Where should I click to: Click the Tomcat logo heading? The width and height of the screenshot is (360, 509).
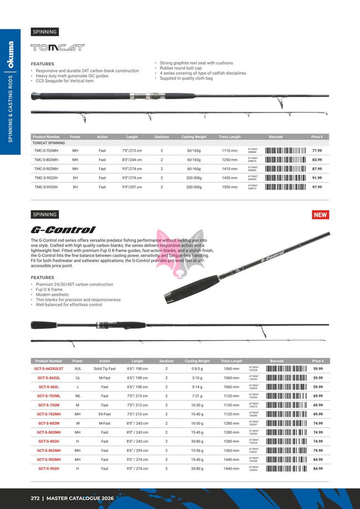tap(58, 48)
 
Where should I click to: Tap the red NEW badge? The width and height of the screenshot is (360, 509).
tap(320, 215)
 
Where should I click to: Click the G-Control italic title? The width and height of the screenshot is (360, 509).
tap(63, 230)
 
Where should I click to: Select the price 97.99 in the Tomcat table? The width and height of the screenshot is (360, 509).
tap(317, 187)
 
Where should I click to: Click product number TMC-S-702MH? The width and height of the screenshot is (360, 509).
tap(47, 151)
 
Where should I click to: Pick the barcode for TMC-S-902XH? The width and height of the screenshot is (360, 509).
tap(285, 178)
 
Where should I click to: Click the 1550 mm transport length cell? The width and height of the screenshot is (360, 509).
tap(229, 187)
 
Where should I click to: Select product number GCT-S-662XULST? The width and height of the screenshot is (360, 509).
tap(49, 368)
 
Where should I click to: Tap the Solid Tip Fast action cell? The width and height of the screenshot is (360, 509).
tap(105, 368)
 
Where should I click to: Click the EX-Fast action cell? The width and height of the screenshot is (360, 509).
tap(105, 414)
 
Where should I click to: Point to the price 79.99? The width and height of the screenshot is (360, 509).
tap(318, 450)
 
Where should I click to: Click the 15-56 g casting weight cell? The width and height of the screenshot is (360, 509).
tap(197, 450)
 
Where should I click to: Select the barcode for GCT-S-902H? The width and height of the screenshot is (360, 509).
tap(286, 469)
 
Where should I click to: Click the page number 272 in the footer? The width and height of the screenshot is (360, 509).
tap(35, 498)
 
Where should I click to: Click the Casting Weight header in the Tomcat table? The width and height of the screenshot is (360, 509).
tap(194, 136)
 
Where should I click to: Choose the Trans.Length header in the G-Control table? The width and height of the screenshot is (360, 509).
tap(232, 361)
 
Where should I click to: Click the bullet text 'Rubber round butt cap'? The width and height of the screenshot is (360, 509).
tap(181, 68)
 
